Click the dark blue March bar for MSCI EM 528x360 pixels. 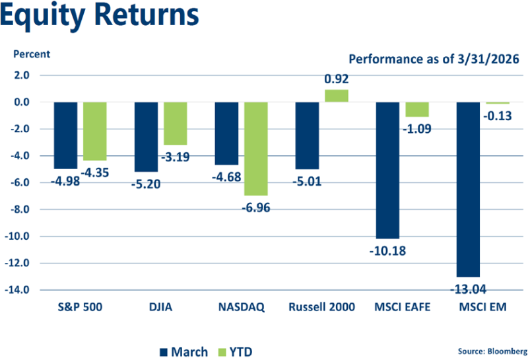coord(469,189)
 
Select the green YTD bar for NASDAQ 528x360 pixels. coord(256,149)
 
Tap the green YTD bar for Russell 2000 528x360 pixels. coord(336,96)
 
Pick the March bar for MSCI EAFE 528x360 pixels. coord(388,170)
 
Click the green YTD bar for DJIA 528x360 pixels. coord(175,124)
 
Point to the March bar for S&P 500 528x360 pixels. coord(65,135)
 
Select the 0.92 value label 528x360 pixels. coord(336,80)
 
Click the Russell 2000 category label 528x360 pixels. coord(322,307)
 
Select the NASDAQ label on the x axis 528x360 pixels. coord(241,307)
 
